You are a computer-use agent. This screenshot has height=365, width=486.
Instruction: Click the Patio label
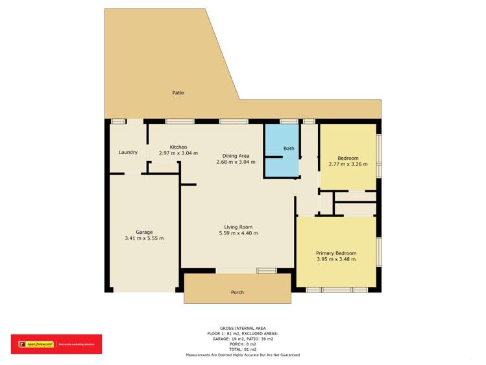178,93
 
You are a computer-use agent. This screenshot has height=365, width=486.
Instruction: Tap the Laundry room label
128,153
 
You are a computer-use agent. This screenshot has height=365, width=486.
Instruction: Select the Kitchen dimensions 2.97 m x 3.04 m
178,153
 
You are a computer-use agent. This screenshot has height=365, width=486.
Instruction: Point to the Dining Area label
236,156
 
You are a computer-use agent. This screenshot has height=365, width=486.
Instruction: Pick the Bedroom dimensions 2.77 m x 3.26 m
348,164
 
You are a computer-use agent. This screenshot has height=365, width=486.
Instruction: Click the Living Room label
237,227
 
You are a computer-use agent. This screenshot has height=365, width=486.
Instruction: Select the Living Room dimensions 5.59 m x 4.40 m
237,233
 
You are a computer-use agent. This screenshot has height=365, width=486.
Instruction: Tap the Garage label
144,232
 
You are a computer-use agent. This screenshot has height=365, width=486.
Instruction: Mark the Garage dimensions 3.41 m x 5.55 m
144,238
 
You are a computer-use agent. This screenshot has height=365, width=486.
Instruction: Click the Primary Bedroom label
336,253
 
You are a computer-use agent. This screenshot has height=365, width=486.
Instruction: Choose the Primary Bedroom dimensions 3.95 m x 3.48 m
336,260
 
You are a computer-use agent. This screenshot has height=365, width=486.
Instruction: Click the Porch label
237,292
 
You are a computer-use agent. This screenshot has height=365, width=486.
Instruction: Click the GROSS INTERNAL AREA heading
243,329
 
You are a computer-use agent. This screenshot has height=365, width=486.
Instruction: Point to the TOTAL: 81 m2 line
243,349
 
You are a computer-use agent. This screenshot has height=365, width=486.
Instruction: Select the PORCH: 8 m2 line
243,344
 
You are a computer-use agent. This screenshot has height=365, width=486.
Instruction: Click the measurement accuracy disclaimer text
243,355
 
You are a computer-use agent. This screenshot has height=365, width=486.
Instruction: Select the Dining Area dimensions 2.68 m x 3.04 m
236,162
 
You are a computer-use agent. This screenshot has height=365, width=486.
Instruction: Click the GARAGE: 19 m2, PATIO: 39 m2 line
243,339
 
